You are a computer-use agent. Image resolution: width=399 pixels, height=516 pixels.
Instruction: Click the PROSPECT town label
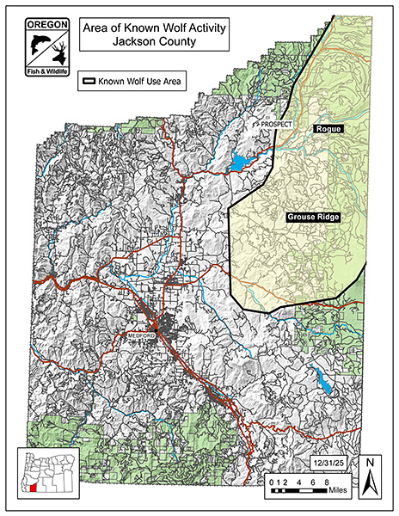coord(277,125)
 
